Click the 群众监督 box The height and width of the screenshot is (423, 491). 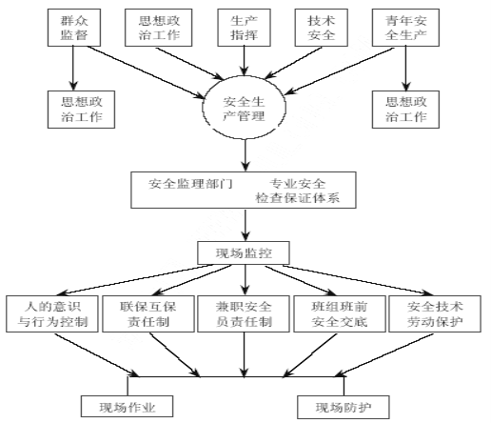pyautogui.click(x=74, y=28)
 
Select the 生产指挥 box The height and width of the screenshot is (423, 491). pyautogui.click(x=244, y=28)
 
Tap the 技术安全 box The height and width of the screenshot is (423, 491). pyautogui.click(x=321, y=28)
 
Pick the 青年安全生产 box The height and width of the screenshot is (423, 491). pyautogui.click(x=405, y=28)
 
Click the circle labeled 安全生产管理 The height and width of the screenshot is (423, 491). pyautogui.click(x=244, y=108)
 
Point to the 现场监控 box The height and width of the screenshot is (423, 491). pyautogui.click(x=244, y=253)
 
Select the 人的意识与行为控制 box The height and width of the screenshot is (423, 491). pyautogui.click(x=52, y=314)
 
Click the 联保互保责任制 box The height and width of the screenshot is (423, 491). pyautogui.click(x=148, y=314)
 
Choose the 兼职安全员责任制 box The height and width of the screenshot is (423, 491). pyautogui.click(x=244, y=314)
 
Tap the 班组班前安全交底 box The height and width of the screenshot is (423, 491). pyautogui.click(x=340, y=314)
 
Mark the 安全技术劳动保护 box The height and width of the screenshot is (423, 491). pyautogui.click(x=435, y=314)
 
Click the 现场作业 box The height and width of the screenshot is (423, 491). pyautogui.click(x=127, y=407)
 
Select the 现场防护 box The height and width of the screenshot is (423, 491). pyautogui.click(x=344, y=407)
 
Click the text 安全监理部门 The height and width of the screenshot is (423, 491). pyautogui.click(x=190, y=184)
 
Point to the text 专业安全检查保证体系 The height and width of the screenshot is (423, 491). pyautogui.click(x=298, y=191)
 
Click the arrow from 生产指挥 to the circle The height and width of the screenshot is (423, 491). pyautogui.click(x=245, y=61)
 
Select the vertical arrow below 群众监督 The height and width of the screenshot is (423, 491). pyautogui.click(x=73, y=69)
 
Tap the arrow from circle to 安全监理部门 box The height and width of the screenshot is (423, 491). pyautogui.click(x=245, y=155)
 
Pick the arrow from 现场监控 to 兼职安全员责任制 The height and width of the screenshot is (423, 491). pyautogui.click(x=245, y=280)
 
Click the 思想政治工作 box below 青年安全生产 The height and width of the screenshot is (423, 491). pyautogui.click(x=405, y=110)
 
